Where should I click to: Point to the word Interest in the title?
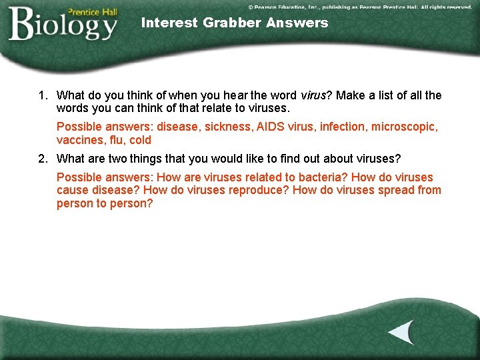tap(170, 23)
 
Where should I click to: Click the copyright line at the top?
tap(359, 6)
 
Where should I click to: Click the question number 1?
tap(41, 96)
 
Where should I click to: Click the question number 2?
tap(41, 159)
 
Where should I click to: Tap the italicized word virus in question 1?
tap(313, 96)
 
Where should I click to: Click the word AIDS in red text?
tap(271, 127)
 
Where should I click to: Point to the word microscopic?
tap(404, 127)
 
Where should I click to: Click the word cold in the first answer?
tap(141, 140)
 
